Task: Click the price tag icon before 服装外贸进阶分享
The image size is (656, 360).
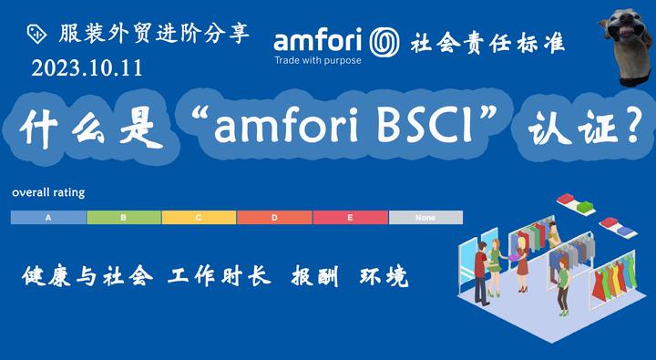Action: (x=36, y=33)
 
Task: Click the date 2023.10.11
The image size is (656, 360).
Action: (x=87, y=68)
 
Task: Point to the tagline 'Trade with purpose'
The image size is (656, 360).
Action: (x=318, y=61)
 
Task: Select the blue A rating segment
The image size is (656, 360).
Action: (x=48, y=218)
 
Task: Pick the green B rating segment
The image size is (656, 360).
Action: (x=124, y=218)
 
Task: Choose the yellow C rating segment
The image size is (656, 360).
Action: (x=199, y=218)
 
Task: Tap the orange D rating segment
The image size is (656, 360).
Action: (x=274, y=218)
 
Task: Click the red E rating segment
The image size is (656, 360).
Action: (x=350, y=218)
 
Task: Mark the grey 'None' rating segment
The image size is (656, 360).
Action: (x=425, y=218)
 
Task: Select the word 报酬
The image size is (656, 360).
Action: (x=313, y=276)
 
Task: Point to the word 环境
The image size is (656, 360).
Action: (x=384, y=276)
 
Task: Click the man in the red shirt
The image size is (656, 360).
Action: (x=481, y=264)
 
